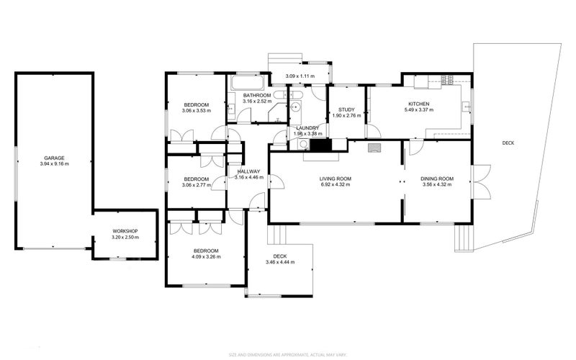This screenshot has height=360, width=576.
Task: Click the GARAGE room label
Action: coord(54,158)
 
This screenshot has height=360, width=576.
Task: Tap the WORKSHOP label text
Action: coord(125,231)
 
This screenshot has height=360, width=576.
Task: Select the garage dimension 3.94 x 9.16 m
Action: coord(54,164)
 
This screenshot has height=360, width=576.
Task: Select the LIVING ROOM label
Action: coord(336,179)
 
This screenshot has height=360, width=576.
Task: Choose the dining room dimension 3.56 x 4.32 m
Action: coord(437,185)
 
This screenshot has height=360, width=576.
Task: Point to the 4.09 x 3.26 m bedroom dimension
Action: coord(205,256)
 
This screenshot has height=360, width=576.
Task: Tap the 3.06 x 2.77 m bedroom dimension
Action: coord(196,186)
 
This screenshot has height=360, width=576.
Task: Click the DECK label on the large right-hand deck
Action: coord(508,143)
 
